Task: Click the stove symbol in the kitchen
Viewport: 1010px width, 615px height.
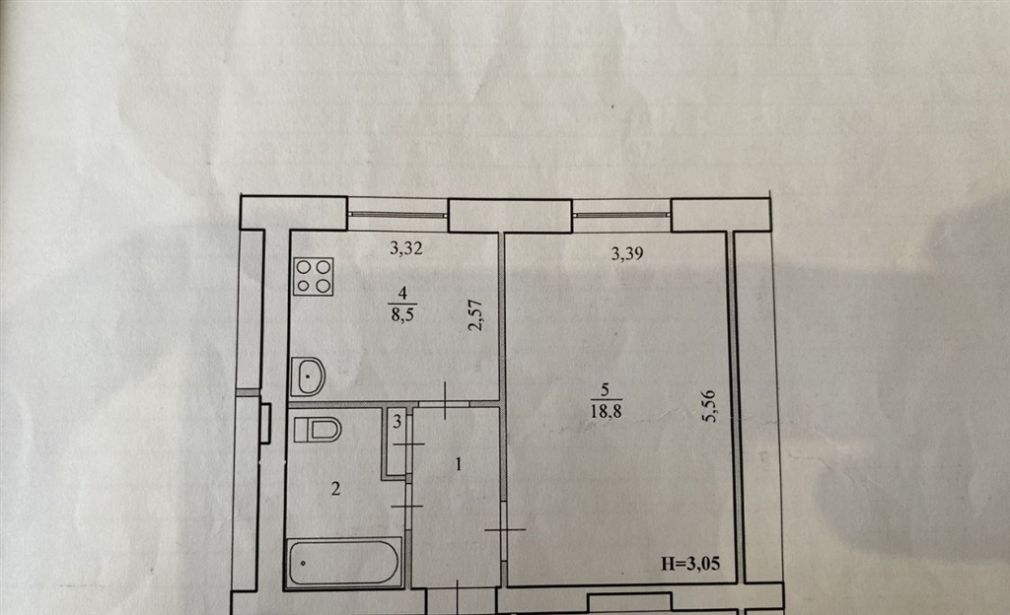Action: [x=313, y=277]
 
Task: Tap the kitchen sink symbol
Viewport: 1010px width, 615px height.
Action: [x=308, y=376]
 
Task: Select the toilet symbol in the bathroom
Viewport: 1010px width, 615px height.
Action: [x=317, y=430]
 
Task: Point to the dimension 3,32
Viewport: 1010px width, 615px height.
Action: [x=405, y=247]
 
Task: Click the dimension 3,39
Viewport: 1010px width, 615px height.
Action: [x=626, y=253]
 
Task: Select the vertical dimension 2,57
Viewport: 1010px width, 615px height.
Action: [x=475, y=315]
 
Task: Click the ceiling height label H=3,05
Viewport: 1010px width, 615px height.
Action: [x=690, y=564]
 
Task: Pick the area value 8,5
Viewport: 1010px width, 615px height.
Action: [x=402, y=314]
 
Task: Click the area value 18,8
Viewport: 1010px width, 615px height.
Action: [x=607, y=410]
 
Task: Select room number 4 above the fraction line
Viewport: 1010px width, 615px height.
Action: [x=403, y=294]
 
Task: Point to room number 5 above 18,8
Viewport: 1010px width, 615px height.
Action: [x=605, y=389]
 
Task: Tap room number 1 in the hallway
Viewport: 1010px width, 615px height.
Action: [x=459, y=464]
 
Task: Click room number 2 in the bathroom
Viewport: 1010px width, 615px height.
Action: [x=335, y=490]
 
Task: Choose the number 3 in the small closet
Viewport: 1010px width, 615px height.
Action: [x=397, y=422]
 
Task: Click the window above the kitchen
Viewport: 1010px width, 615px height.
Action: [x=397, y=214]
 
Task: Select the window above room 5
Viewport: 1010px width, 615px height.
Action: [x=621, y=214]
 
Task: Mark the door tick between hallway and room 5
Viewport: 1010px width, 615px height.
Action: [x=505, y=530]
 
